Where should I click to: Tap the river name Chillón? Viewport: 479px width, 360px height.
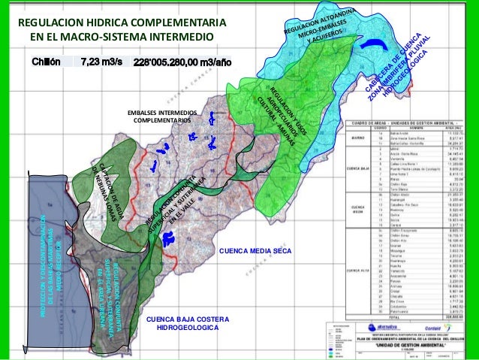pos(46,62)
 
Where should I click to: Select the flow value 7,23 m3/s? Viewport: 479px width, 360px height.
pos(101,62)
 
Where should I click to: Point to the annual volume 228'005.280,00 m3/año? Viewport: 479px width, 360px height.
pos(188,62)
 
